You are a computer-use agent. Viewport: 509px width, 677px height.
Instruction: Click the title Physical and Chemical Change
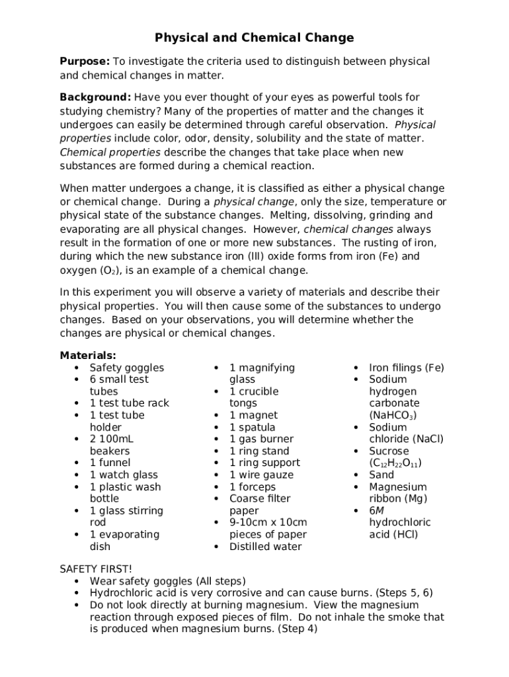tap(255, 38)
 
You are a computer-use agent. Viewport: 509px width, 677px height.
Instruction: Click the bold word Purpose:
tap(85, 61)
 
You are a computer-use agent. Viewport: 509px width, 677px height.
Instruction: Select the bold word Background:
tap(95, 97)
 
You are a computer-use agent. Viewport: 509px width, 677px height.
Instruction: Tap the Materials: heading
tap(88, 356)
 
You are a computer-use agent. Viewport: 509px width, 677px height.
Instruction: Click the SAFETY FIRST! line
tap(96, 569)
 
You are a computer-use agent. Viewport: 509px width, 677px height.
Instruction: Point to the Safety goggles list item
tap(127, 368)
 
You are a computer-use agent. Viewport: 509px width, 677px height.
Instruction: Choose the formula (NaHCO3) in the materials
tap(393, 415)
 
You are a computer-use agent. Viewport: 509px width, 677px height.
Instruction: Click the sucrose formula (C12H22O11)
tap(395, 463)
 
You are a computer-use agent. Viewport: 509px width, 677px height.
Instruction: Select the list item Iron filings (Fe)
tap(407, 368)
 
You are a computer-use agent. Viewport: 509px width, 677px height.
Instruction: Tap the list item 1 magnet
tap(253, 415)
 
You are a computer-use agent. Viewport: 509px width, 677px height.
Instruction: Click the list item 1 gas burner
tap(261, 439)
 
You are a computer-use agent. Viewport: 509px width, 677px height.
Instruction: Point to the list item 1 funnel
tap(110, 463)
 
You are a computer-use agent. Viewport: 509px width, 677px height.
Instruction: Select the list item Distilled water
tap(265, 547)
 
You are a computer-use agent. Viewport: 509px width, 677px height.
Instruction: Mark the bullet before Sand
tap(356, 475)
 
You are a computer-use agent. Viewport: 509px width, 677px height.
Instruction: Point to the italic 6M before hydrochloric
tap(376, 510)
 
